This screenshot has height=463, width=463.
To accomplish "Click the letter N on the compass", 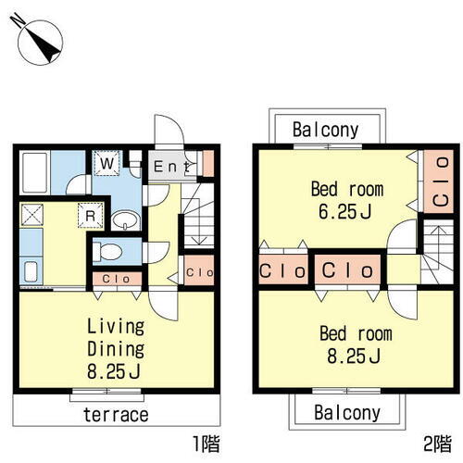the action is pyautogui.click(x=18, y=20).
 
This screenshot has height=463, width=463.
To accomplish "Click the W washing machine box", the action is pyautogui.click(x=106, y=163).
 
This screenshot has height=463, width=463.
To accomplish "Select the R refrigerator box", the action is pyautogui.click(x=91, y=216).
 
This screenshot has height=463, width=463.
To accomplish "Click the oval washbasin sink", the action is pyautogui.click(x=126, y=220).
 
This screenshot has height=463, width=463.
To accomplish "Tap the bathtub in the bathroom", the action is pyautogui.click(x=34, y=172).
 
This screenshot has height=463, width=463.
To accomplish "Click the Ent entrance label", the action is pyautogui.click(x=171, y=167).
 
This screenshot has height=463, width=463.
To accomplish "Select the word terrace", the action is pyautogui.click(x=116, y=415).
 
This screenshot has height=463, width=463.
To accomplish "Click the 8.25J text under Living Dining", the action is pyautogui.click(x=114, y=371).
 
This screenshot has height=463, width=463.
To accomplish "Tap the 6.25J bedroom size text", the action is pyautogui.click(x=344, y=212).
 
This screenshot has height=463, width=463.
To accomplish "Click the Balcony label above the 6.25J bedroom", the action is pyautogui.click(x=326, y=130).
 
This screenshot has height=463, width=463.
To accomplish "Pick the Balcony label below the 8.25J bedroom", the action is pyautogui.click(x=347, y=413).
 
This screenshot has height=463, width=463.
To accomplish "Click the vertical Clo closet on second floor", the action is pyautogui.click(x=439, y=181).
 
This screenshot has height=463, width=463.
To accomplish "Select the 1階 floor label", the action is pyautogui.click(x=206, y=444).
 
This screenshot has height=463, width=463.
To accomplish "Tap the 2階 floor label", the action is pyautogui.click(x=437, y=444).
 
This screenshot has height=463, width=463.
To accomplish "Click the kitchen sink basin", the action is pyautogui.click(x=31, y=271).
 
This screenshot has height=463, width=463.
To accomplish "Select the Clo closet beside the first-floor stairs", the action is pyautogui.click(x=199, y=270).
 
